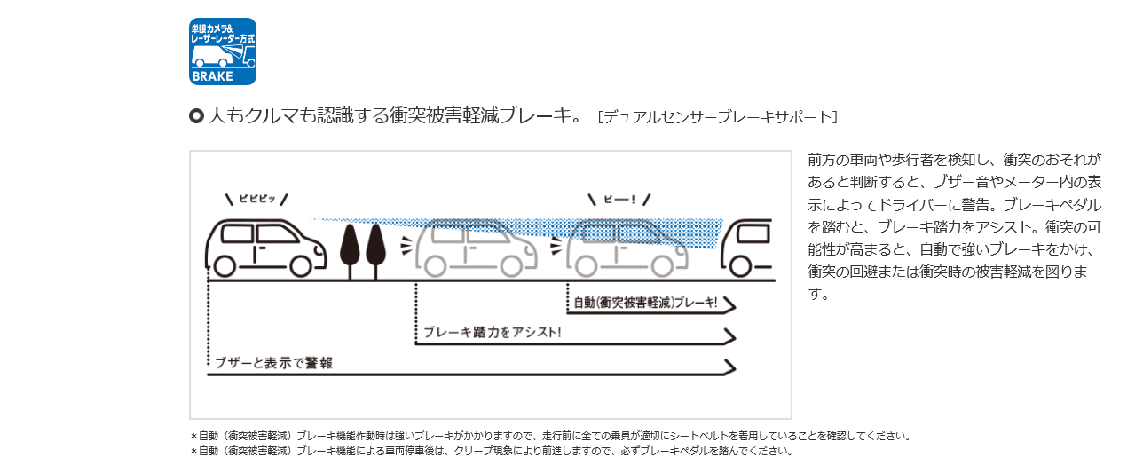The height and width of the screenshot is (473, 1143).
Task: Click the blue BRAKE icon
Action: pos(223,51)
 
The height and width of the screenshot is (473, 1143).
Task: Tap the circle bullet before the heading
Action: pos(196,116)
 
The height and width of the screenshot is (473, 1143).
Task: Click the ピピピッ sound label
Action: pos(256,199)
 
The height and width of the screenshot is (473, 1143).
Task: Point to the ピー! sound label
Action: pos(619,199)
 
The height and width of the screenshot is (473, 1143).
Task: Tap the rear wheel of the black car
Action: pos(225,265)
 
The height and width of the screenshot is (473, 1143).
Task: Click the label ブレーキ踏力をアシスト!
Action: pos(492,333)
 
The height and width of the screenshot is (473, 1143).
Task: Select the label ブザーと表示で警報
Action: pos(273,363)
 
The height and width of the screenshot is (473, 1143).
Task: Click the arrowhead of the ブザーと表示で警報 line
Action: pos(730,367)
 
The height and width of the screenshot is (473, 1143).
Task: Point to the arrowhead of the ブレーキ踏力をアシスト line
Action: pos(730,336)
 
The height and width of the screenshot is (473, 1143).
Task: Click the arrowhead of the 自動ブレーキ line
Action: pos(730,306)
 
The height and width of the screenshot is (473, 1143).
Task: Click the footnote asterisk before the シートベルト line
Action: pos(193,437)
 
